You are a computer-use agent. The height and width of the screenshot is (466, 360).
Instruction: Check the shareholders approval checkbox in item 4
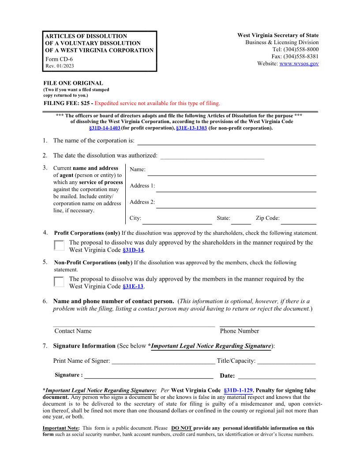click(59, 246)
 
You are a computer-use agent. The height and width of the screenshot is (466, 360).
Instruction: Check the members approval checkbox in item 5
click(59, 282)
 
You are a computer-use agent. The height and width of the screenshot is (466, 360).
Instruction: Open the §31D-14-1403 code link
click(105, 128)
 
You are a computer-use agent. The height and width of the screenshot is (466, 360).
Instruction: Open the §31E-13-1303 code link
click(191, 128)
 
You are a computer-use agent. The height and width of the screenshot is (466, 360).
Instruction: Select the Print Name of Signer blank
click(163, 361)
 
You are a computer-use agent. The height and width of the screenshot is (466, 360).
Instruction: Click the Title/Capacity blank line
click(286, 361)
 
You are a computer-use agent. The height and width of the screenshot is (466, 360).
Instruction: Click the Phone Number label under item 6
click(239, 331)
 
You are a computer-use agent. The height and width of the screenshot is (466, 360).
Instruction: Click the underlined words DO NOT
click(181, 428)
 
